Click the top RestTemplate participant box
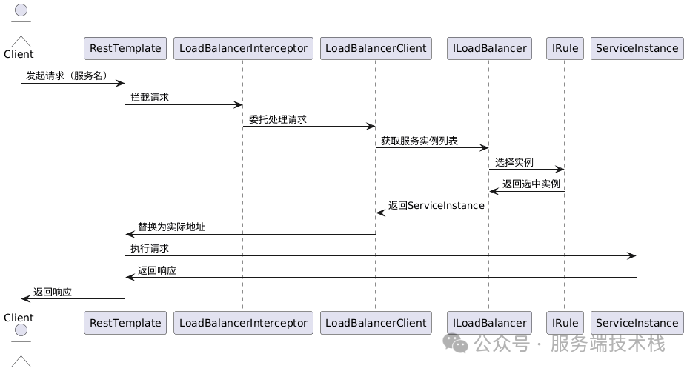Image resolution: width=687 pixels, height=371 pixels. tap(125, 48)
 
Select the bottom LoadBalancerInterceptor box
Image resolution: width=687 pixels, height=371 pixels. tap(242, 322)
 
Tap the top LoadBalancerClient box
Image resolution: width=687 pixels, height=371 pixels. tap(376, 48)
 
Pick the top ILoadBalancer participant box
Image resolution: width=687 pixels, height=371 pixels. tap(489, 48)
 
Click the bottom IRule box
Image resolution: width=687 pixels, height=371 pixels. tap(564, 322)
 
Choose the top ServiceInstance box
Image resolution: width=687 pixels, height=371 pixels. tap(637, 48)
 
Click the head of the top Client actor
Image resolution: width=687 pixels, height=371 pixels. tap(21, 10)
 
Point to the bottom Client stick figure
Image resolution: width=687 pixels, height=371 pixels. tap(21, 344)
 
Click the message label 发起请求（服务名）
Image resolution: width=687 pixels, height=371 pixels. tap(67, 76)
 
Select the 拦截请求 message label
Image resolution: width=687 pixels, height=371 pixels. tap(150, 97)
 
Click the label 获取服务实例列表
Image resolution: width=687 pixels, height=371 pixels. tap(419, 141)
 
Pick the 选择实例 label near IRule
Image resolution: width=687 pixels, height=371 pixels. tap(514, 162)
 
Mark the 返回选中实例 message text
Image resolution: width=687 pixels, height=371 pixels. tap(531, 184)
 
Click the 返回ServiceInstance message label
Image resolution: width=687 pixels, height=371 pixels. tap(436, 205)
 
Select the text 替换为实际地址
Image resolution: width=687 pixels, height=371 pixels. tap(171, 227)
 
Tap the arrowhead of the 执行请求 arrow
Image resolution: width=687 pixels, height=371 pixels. tap(632, 255)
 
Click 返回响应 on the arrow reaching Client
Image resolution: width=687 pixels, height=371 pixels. tap(53, 292)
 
